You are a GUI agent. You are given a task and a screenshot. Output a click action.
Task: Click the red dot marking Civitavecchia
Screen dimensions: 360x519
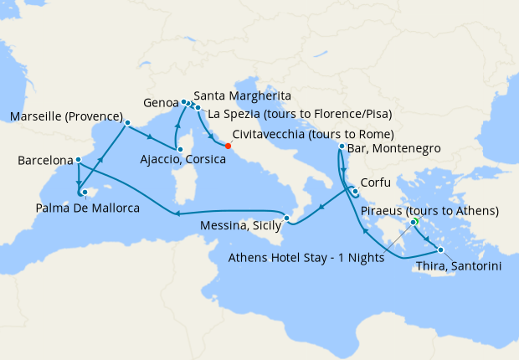pos(228,145)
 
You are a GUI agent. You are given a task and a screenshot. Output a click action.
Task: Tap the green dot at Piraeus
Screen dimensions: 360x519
pos(414,222)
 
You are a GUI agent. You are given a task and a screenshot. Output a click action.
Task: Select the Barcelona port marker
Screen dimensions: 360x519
pos(78,160)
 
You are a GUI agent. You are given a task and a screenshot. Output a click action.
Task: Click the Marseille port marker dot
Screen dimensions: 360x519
pos(127,123)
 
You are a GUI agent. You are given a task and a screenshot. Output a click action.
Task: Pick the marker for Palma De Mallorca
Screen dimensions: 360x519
pos(84,192)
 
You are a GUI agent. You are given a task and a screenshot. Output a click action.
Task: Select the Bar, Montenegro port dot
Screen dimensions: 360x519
pos(342,147)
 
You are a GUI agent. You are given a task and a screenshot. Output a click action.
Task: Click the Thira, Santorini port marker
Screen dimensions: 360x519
pos(440,249)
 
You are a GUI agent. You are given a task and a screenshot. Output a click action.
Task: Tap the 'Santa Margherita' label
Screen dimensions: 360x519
pos(242,95)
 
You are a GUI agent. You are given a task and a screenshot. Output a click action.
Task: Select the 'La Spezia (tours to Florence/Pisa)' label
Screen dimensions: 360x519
pos(300,114)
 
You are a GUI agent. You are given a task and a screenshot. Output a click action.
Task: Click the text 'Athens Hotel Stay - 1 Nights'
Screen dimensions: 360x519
pos(306,258)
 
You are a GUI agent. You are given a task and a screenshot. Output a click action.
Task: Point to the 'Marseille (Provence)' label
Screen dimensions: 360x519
pos(66,116)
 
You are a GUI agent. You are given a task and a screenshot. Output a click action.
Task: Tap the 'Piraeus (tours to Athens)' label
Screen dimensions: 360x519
pos(429,210)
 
